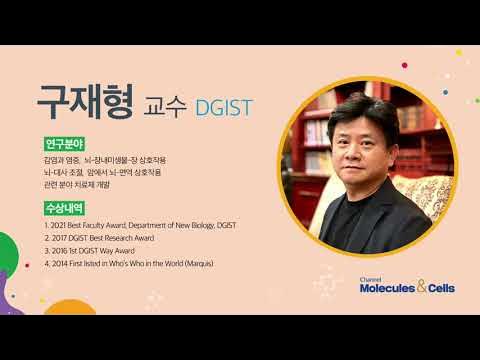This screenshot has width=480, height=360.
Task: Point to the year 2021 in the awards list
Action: [61, 226]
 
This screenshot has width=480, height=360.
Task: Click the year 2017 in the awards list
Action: [61, 238]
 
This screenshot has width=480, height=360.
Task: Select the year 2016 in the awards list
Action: [61, 251]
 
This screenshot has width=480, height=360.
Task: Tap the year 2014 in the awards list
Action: [61, 264]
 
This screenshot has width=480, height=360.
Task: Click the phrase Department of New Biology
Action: [181, 226]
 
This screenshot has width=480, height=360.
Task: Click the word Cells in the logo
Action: [446, 290]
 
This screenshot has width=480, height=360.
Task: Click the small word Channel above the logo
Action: [369, 279]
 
